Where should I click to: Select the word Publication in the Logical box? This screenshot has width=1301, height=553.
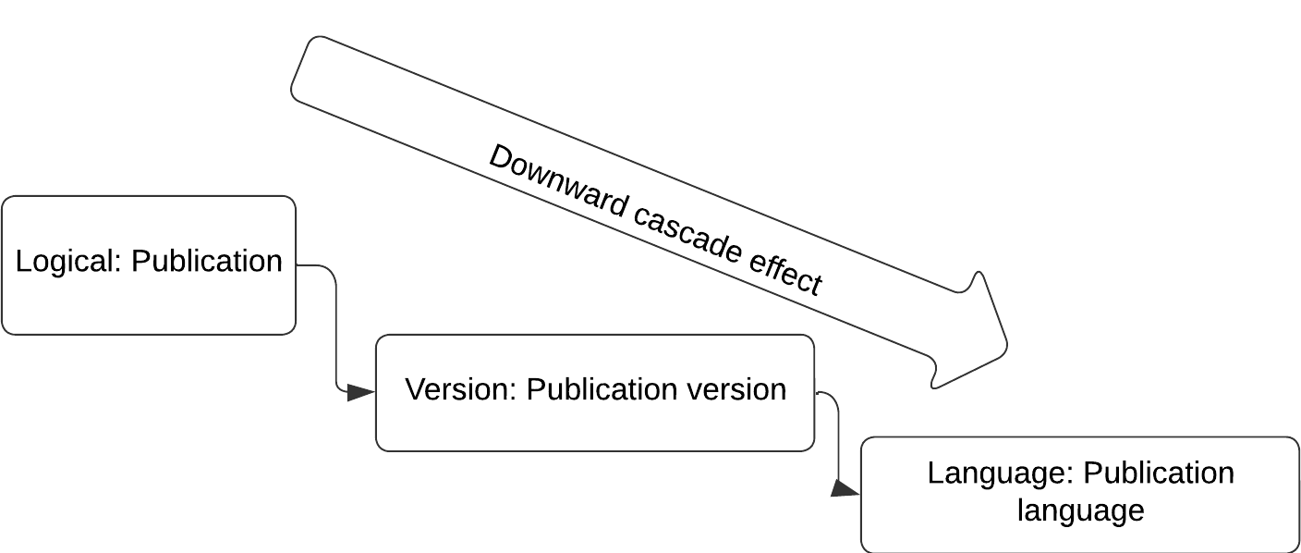tap(207, 261)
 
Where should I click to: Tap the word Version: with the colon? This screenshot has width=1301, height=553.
tap(460, 389)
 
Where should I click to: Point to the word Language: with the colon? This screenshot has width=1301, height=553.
tap(1000, 473)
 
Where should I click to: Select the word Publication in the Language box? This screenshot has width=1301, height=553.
tap(1159, 473)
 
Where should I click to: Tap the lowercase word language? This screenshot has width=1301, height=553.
tap(1081, 510)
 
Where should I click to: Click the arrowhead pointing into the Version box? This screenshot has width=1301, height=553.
tap(360, 392)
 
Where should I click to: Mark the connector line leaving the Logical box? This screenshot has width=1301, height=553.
tap(335, 326)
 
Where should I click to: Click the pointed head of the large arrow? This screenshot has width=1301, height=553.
tap(1006, 344)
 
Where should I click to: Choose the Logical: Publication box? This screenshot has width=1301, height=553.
tap(149, 265)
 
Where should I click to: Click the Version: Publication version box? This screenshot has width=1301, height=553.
tap(595, 392)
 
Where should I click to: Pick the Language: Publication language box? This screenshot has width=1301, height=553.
tap(1080, 494)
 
